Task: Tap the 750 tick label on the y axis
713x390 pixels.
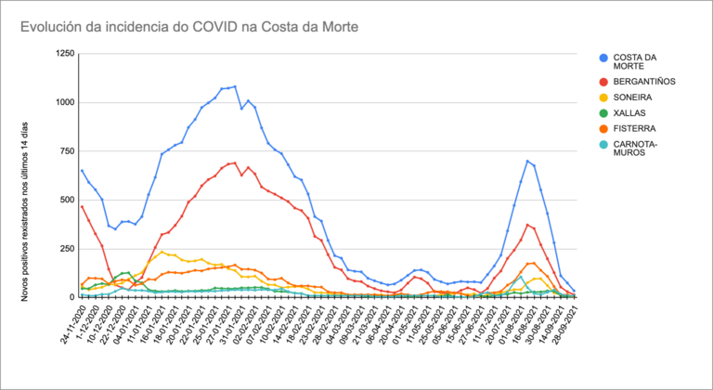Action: pos(64,151)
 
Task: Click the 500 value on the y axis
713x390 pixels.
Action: pos(64,200)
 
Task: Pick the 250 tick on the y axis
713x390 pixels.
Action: pos(64,249)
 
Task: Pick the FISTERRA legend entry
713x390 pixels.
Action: pos(638,127)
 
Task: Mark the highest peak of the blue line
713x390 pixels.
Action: pos(235,86)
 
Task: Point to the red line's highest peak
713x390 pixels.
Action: pos(235,162)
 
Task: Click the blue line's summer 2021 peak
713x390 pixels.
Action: pos(527,161)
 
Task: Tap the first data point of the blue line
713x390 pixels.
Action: pos(82,170)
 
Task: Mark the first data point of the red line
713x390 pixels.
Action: pos(82,206)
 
